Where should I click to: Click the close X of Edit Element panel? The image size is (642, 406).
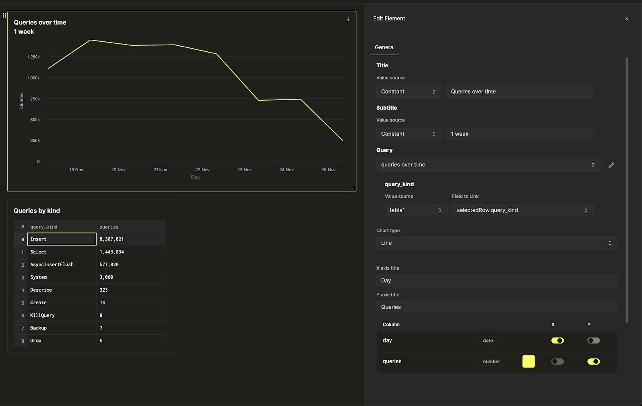[626, 19]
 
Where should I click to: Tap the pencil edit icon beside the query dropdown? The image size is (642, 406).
[612, 165]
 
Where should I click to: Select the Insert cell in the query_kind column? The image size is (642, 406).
[62, 239]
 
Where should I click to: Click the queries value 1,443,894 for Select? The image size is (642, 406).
[112, 252]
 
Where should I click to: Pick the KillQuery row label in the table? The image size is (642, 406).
[43, 315]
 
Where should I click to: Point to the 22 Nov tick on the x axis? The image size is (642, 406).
[202, 170]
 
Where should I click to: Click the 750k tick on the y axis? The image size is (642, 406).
[35, 99]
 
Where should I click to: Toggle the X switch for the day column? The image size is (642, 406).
[557, 341]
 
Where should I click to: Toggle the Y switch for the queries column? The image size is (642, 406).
[593, 361]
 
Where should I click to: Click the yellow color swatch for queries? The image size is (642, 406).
[528, 361]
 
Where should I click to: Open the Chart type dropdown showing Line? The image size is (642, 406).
[496, 243]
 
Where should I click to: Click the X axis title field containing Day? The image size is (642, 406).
[496, 280]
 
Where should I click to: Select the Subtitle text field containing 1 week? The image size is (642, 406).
[519, 134]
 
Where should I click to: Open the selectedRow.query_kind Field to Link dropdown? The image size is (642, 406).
[522, 210]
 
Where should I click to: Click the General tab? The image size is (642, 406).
[384, 47]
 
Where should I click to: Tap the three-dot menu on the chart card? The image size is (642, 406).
[348, 19]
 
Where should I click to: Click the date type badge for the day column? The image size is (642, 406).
[488, 341]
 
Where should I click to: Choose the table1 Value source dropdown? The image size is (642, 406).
[415, 210]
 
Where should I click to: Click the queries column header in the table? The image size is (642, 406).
[109, 227]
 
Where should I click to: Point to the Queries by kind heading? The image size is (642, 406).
[37, 211]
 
